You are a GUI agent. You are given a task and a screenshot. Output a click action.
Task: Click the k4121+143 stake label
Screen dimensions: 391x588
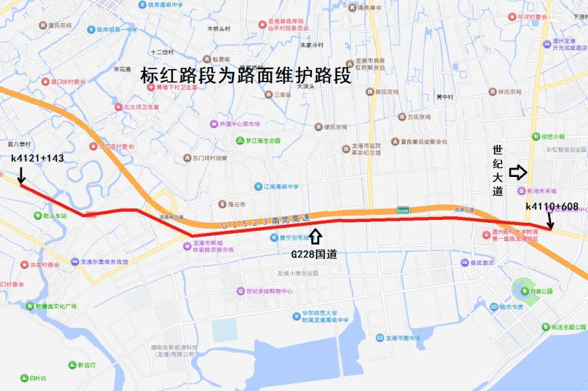coord(38,157)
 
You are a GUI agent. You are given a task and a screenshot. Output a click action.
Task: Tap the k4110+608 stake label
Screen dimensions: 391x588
coord(552,207)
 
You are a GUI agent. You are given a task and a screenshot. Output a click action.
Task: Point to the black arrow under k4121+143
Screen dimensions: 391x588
coord(22,175)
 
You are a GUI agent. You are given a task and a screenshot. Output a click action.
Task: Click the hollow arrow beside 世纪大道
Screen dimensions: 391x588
coord(517,172)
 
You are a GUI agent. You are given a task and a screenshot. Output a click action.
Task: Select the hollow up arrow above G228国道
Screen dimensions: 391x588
coord(315,237)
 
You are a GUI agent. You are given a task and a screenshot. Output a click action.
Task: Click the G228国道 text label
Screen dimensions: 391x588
coord(313,254)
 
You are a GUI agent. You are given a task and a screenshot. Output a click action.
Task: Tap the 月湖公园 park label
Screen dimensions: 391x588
coord(541,291)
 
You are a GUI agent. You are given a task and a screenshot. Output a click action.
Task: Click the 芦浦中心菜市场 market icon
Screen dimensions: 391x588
coord(214,124)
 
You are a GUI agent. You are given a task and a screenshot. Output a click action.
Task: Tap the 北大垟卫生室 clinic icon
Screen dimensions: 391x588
coord(118,107)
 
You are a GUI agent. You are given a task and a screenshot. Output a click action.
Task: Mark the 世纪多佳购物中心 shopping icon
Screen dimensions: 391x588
coord(240,291)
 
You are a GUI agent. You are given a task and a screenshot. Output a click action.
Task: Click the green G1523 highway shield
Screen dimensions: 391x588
coord(403,210)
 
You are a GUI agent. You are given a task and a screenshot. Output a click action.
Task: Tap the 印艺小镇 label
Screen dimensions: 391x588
coord(552,136)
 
